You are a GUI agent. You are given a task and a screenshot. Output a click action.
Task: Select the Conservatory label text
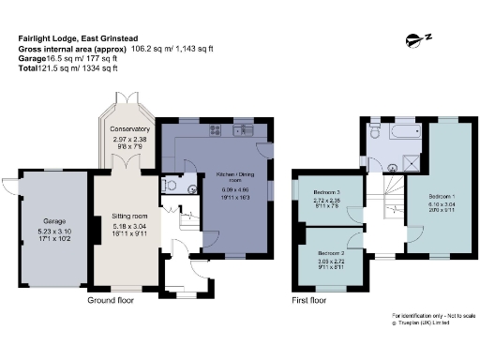point(129,128)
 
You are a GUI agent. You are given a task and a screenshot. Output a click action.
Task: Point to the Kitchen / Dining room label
point(234,178)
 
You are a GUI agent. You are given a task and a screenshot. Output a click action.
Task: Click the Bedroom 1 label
point(430,203)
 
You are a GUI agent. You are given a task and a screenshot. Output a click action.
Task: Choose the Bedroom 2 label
point(330,254)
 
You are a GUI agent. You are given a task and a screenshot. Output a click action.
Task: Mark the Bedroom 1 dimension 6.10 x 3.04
point(430,211)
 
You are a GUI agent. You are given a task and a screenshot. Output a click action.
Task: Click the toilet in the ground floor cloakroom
point(169,186)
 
